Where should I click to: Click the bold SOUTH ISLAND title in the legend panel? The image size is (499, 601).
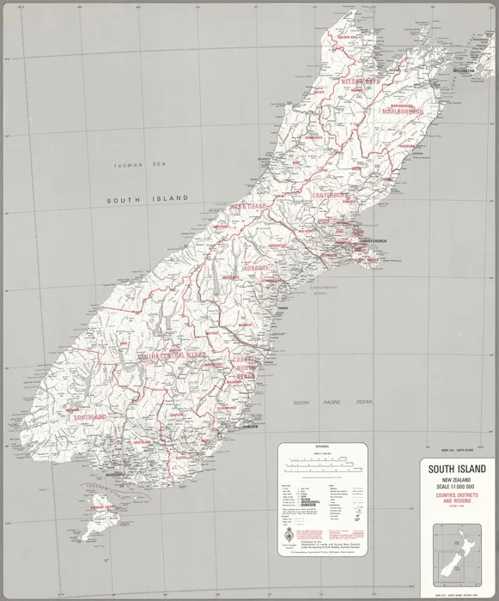[x=456, y=469]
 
